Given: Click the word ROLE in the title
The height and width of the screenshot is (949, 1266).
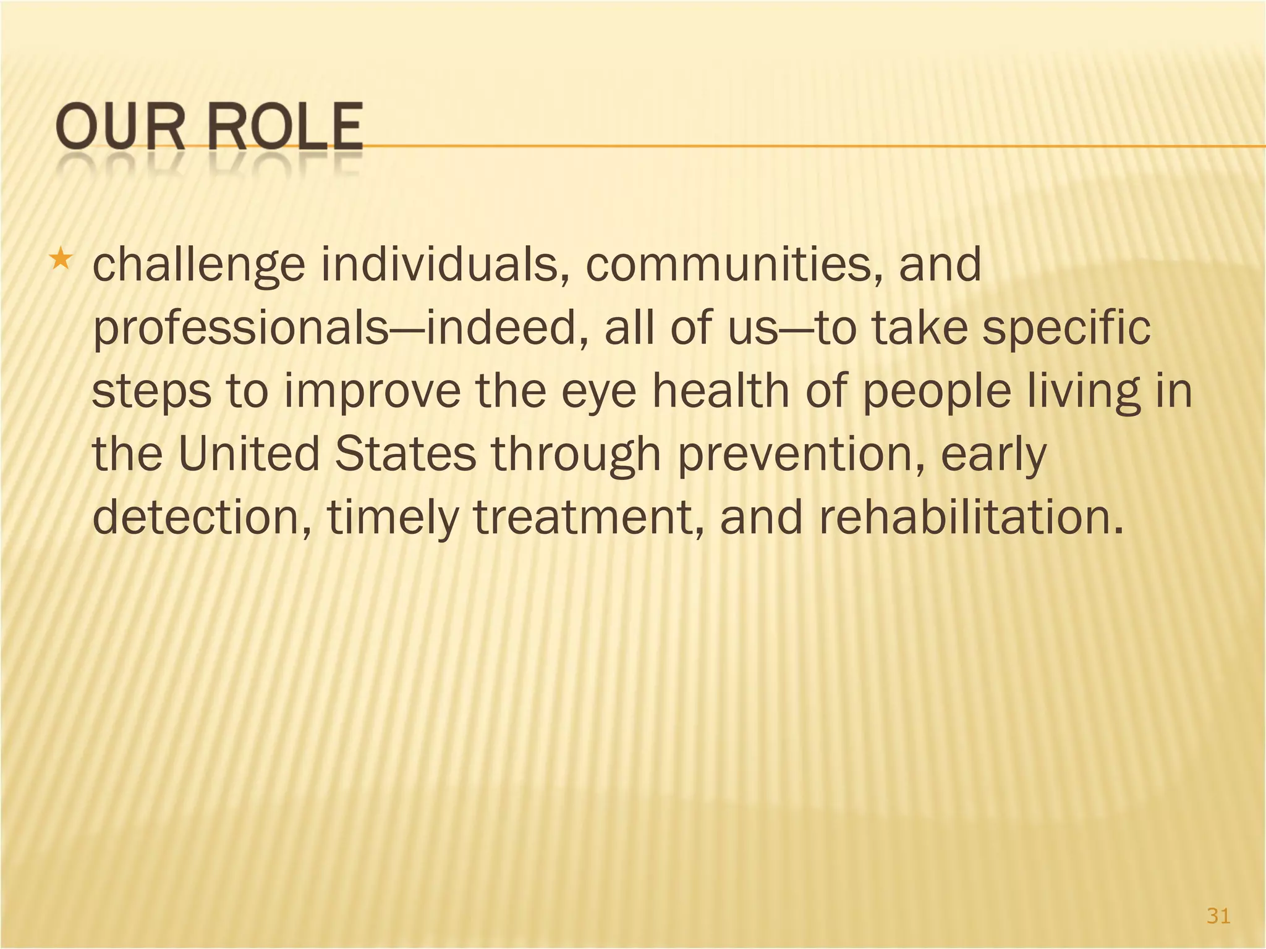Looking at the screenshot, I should (x=285, y=128).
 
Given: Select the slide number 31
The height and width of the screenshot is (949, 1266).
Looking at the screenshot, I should (x=1218, y=916).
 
